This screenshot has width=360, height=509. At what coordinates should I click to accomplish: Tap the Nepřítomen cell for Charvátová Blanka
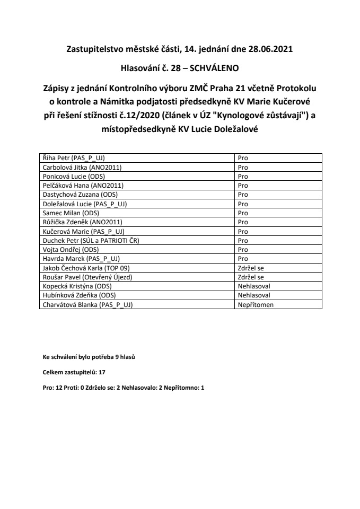[x=256, y=305]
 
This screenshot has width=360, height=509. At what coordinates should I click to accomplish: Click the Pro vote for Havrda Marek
[x=243, y=259]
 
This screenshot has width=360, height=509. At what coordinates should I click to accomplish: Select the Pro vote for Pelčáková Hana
[x=243, y=186]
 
